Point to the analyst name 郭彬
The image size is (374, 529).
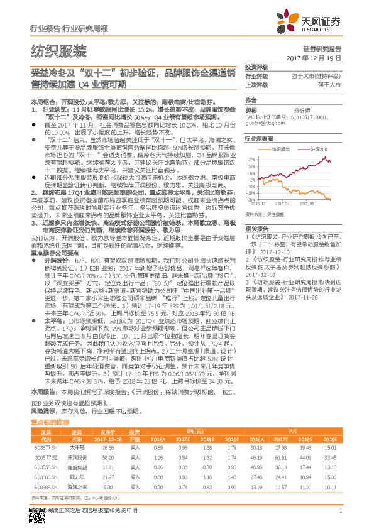(251, 109)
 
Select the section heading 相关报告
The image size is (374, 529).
(256, 228)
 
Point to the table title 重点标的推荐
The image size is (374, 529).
(50, 440)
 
